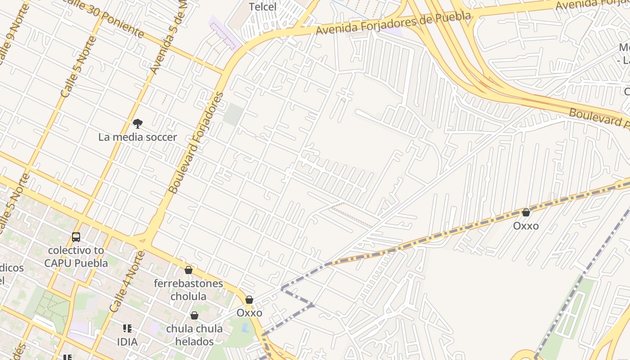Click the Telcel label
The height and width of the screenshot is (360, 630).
coord(263,7)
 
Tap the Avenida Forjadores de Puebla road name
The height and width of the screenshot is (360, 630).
coord(393,23)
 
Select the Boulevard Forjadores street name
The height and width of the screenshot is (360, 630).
coord(196,143)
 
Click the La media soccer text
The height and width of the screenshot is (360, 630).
coord(137,137)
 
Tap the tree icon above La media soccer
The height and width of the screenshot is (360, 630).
coord(138,124)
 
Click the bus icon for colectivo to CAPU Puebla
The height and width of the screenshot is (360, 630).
coord(76,237)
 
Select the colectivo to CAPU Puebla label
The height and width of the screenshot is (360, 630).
coord(76,256)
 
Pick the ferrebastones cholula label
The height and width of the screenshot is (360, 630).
coord(188,290)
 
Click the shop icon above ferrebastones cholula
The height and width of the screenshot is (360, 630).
coord(189,270)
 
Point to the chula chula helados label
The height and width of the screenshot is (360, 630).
coord(194,335)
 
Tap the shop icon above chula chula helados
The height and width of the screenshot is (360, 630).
coord(194,315)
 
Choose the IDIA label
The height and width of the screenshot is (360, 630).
coord(127,342)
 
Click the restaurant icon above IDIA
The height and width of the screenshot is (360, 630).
coord(127,328)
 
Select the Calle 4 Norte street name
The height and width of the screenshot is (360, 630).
coord(128,282)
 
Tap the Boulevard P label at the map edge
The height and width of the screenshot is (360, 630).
coord(598,118)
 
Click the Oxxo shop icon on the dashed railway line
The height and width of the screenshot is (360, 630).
coord(526,212)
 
